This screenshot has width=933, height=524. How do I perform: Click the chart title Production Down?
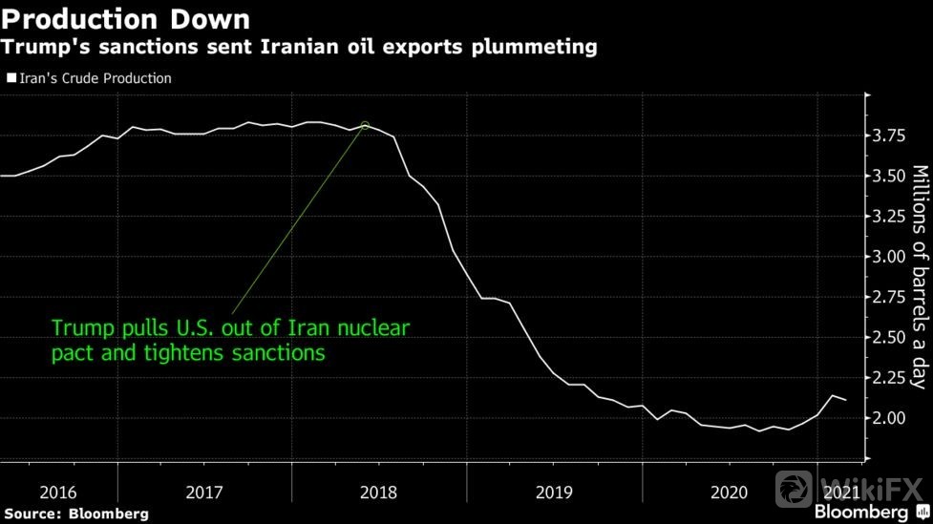(x=126, y=18)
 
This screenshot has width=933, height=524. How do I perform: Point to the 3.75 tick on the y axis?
(x=891, y=136)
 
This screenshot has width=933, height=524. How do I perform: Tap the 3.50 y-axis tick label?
(x=891, y=177)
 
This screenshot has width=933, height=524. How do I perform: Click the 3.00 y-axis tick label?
(x=891, y=257)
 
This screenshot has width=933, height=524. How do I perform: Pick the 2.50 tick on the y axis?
(x=891, y=338)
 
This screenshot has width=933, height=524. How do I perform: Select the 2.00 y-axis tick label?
(x=891, y=418)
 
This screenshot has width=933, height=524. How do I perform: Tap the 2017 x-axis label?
(x=203, y=493)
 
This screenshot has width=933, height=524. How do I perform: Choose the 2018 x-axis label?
(x=379, y=493)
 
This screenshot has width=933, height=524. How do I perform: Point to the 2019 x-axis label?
(x=553, y=493)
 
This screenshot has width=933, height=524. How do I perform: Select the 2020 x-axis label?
(x=729, y=493)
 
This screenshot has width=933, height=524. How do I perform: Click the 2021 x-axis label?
(x=840, y=493)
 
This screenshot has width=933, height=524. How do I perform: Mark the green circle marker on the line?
(x=365, y=125)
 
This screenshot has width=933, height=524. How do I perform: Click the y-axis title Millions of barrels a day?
(x=919, y=277)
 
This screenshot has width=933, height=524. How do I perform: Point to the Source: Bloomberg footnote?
(x=75, y=514)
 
